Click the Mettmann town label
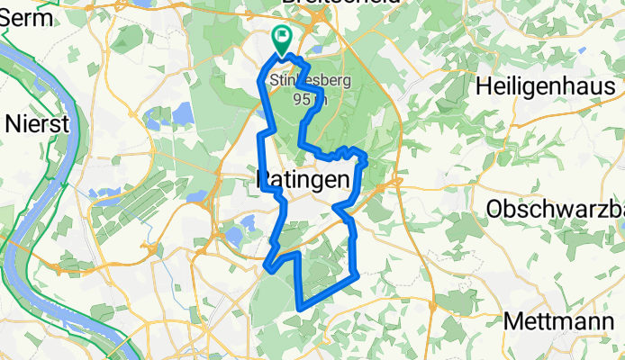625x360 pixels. click(564, 320)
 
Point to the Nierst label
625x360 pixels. click(37, 123)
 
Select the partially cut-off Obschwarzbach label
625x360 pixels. click(555, 209)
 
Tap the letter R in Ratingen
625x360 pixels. click(264, 181)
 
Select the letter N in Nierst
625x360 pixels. click(13, 123)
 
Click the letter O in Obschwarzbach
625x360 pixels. click(494, 209)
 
